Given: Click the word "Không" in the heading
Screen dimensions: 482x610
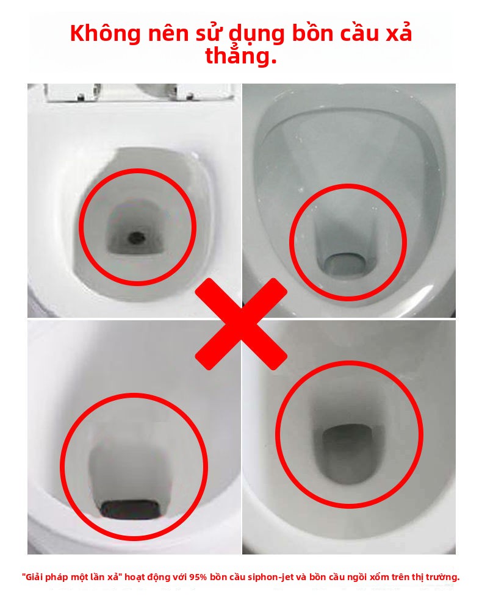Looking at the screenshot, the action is (106, 33).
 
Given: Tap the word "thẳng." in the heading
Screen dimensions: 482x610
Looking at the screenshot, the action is (241, 56).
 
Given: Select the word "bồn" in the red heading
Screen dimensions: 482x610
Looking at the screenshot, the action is (312, 33).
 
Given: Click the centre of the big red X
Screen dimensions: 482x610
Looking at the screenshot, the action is (241, 324).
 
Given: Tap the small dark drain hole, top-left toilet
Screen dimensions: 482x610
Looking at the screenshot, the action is (136, 237).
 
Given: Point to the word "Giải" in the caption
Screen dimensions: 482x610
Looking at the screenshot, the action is (34, 577).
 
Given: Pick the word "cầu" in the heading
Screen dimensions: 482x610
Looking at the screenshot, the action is (359, 34).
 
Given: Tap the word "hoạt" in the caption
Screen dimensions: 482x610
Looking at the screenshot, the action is (135, 577).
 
